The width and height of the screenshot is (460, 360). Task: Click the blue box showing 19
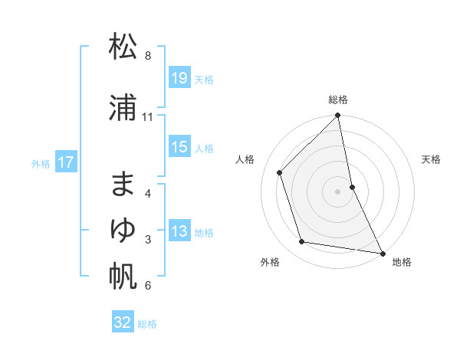click(179, 78)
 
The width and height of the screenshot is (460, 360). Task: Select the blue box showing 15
click(179, 148)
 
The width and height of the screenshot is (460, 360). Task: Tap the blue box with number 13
click(179, 232)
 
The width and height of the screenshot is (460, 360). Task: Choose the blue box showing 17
click(65, 162)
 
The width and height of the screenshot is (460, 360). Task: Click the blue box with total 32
click(123, 322)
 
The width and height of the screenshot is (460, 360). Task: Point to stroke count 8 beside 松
click(148, 56)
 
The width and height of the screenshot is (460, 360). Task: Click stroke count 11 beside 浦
click(148, 117)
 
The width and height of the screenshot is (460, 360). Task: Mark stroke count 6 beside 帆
click(148, 286)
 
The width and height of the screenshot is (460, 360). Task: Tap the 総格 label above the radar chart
click(338, 100)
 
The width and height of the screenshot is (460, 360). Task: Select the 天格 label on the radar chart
click(432, 159)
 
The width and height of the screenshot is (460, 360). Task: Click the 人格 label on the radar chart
click(245, 159)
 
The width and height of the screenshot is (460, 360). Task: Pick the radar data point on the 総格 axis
click(338, 116)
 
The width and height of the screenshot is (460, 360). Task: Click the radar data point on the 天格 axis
click(352, 186)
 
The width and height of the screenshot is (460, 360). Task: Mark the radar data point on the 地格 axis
click(382, 253)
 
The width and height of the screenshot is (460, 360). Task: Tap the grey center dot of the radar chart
click(338, 191)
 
